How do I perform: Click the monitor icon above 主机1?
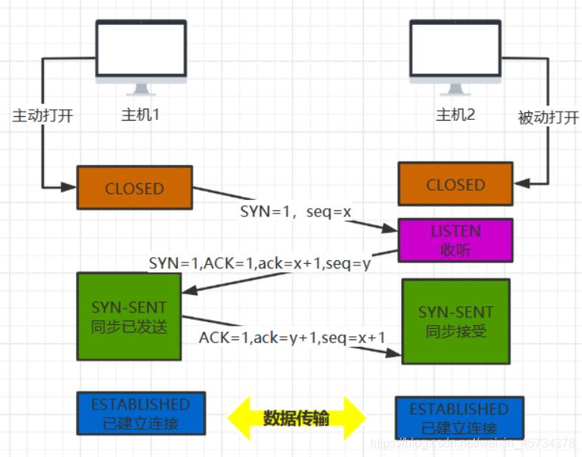(x=141, y=57)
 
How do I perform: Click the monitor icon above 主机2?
(x=455, y=57)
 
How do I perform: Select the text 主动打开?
(x=42, y=117)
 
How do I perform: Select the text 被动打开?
(x=548, y=118)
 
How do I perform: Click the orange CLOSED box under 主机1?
(x=135, y=188)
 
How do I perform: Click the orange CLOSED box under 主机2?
(x=455, y=185)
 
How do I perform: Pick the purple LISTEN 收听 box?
(x=455, y=240)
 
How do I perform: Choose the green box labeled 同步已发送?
(x=129, y=317)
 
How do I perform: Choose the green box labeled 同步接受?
(x=456, y=321)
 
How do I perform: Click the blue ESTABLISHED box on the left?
(x=141, y=413)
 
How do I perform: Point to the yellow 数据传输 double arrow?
(x=296, y=417)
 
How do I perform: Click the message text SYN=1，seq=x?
(x=296, y=212)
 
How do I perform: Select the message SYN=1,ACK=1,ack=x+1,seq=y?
(x=260, y=263)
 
